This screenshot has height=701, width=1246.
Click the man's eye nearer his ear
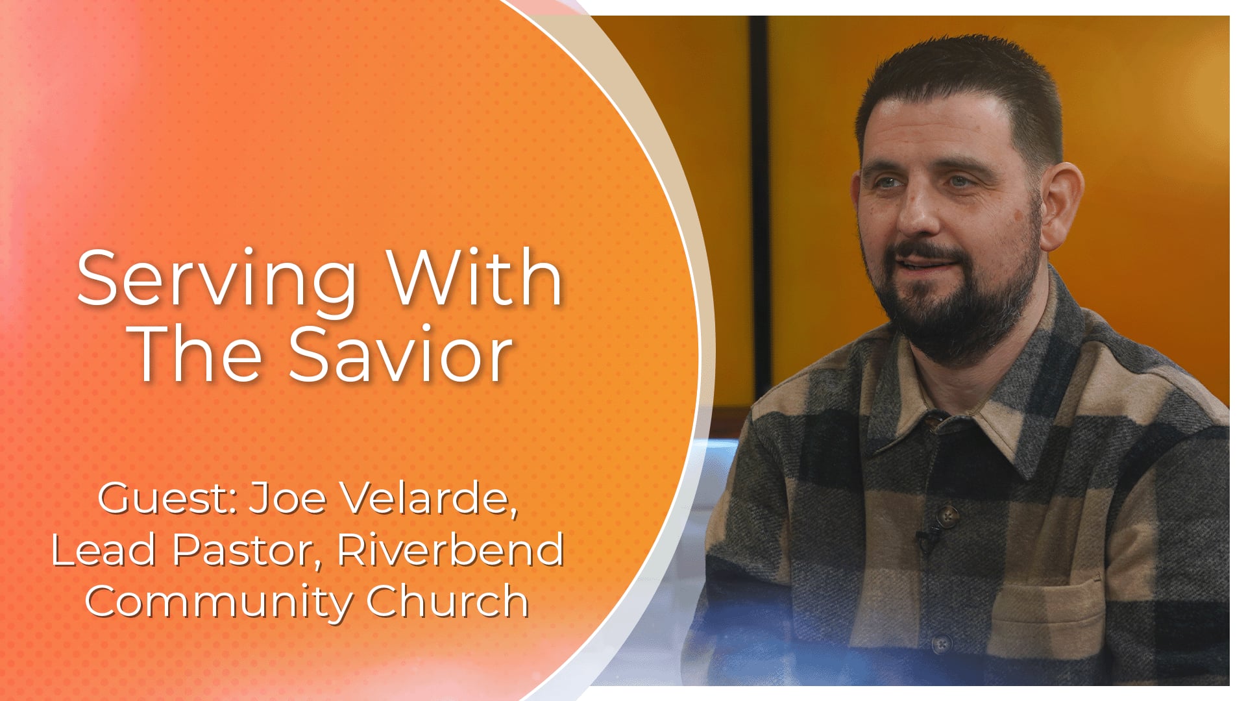click(961, 182)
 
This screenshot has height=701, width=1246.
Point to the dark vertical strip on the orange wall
click(758, 195)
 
